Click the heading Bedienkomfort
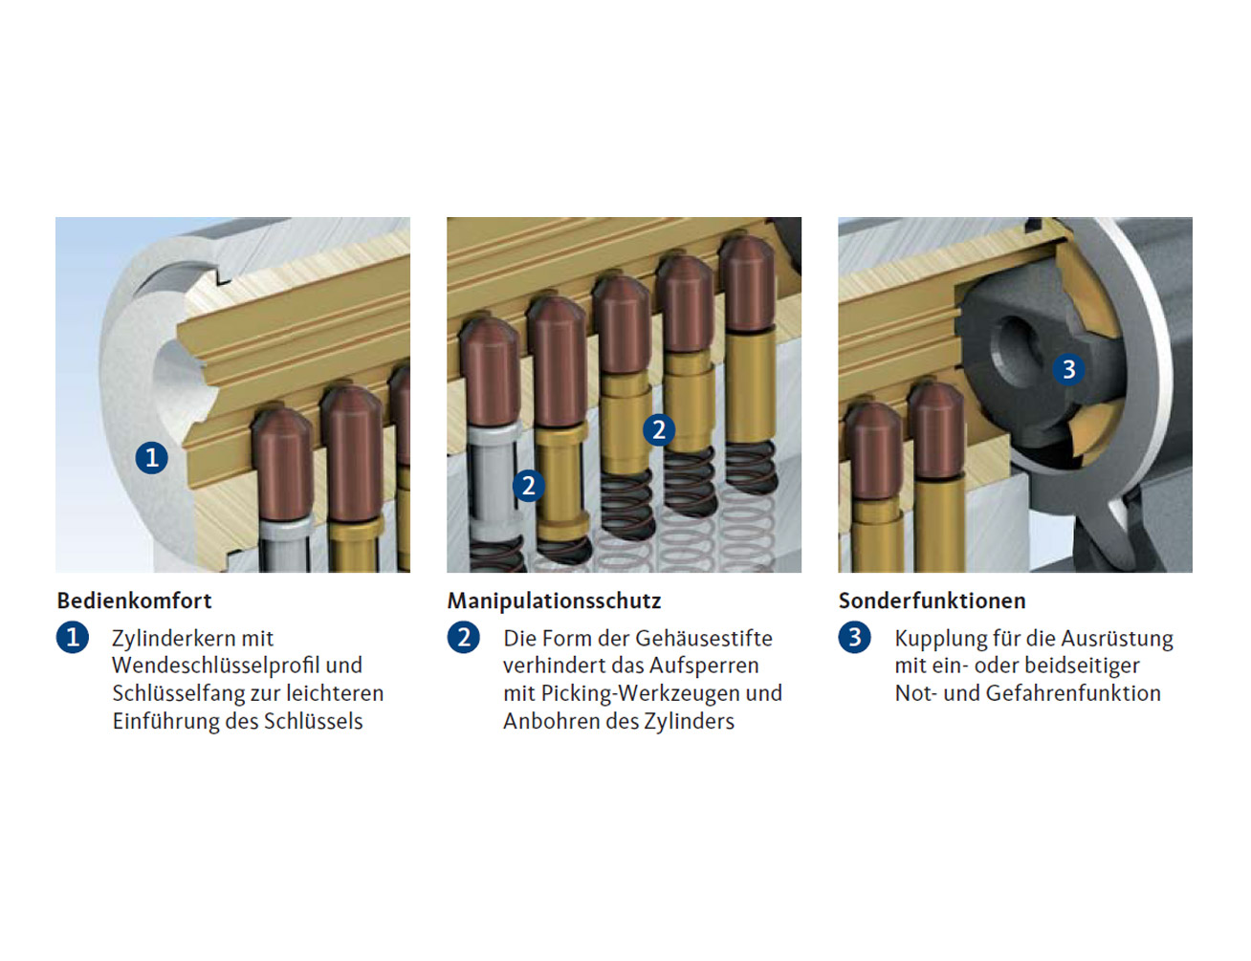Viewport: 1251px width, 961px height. [134, 601]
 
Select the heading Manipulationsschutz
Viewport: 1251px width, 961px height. [554, 601]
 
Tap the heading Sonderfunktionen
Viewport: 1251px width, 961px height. [932, 601]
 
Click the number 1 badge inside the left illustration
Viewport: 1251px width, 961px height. [151, 458]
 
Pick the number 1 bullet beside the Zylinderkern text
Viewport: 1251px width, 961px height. [73, 637]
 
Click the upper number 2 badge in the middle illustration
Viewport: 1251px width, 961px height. [658, 430]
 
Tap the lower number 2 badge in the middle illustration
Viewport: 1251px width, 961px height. [528, 486]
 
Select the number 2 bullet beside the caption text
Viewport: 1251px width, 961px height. [464, 637]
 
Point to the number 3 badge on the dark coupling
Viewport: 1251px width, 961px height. [1068, 369]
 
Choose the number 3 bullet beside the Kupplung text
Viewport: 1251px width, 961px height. [855, 637]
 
